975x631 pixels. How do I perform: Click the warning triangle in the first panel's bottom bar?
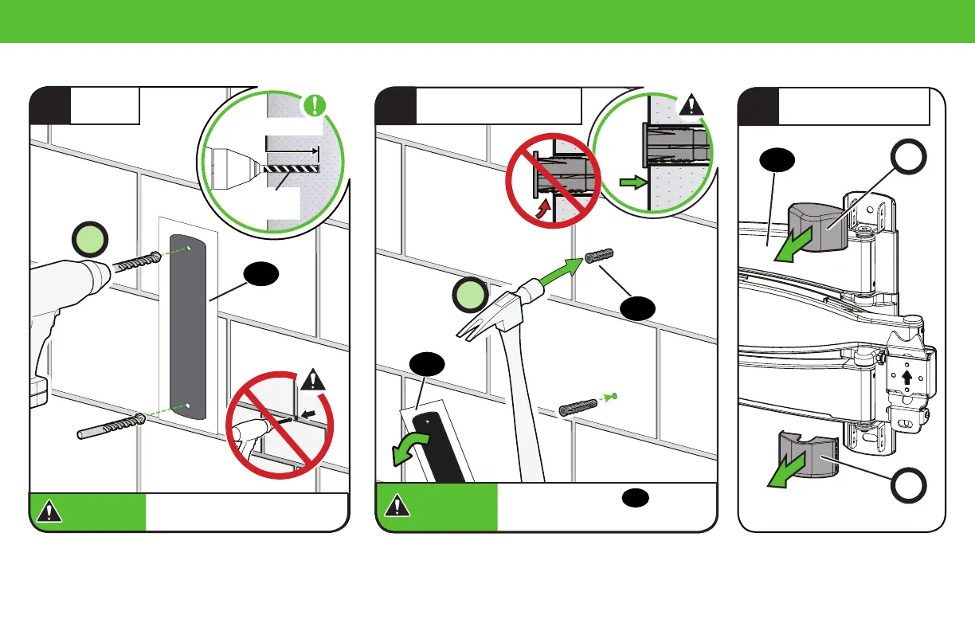point(49,511)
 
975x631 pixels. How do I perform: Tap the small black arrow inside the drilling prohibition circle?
point(311,414)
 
